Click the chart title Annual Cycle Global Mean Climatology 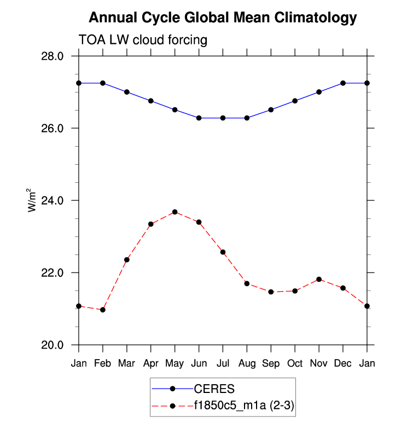click(222, 18)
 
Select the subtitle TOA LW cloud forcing click(143, 40)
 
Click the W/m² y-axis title click(32, 200)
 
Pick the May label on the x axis click(175, 364)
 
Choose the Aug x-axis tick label click(247, 364)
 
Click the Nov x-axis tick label click(319, 364)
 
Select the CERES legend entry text click(214, 389)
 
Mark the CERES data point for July click(223, 118)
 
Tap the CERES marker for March click(127, 92)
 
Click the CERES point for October click(295, 101)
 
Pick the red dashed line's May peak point click(175, 212)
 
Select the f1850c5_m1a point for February click(103, 310)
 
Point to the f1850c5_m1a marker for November click(319, 279)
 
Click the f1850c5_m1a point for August click(247, 284)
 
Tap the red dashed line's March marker click(127, 259)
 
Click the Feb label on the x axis click(103, 364)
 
